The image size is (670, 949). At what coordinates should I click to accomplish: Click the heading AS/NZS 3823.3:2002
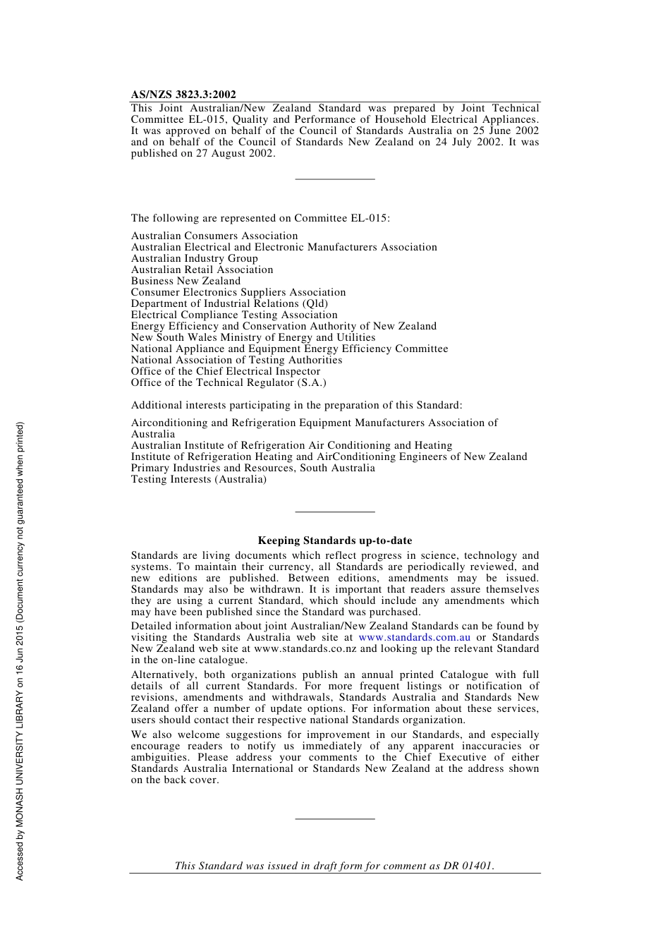point(183,95)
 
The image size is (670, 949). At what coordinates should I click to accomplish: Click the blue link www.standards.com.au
point(414,637)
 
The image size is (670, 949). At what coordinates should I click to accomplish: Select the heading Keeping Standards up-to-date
point(334,540)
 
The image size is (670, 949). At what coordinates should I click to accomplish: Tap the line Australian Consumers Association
point(214,236)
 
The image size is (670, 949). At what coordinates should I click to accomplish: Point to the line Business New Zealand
point(185,281)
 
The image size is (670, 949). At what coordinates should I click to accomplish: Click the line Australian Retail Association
point(202,270)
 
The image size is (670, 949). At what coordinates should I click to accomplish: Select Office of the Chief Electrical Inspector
point(226,371)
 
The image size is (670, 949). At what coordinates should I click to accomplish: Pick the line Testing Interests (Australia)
point(199,479)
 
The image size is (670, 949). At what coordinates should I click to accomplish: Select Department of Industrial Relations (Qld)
point(229,303)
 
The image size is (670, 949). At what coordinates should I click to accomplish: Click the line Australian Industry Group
point(194,258)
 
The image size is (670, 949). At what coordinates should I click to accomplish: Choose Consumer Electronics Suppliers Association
point(238,292)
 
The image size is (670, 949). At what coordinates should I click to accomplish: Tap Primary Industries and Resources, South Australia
point(252,468)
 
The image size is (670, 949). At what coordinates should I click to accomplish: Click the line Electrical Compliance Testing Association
point(234,315)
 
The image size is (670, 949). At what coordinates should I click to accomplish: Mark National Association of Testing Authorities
point(236,360)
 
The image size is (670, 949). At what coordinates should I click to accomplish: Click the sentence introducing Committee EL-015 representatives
point(260,218)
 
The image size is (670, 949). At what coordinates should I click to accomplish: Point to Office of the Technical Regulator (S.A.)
point(229,382)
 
